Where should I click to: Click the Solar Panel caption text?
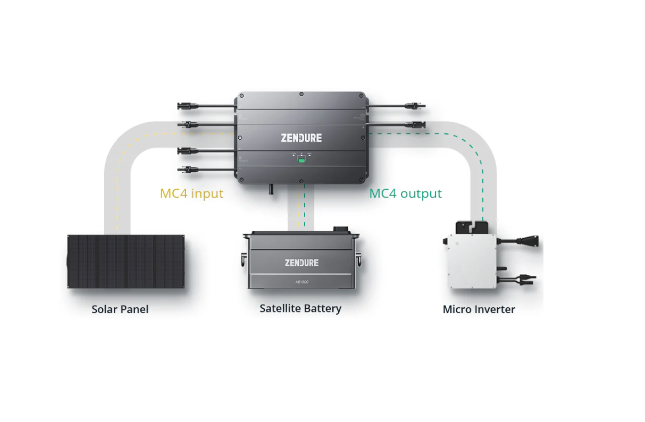tap(120, 309)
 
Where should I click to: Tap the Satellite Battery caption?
tap(300, 308)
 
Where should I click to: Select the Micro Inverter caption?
tap(479, 309)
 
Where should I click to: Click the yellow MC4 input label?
tap(191, 193)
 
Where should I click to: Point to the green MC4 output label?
tap(405, 193)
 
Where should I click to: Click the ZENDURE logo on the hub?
tap(301, 138)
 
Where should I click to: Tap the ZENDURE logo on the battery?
tap(301, 263)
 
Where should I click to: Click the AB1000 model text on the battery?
tap(301, 282)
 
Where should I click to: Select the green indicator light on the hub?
tap(301, 160)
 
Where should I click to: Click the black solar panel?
tap(126, 261)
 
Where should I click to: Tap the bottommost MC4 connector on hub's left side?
tap(187, 170)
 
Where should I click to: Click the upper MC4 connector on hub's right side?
tap(415, 106)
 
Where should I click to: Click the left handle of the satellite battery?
tap(243, 260)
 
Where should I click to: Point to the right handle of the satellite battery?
tap(359, 260)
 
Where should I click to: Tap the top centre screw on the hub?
tap(301, 94)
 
